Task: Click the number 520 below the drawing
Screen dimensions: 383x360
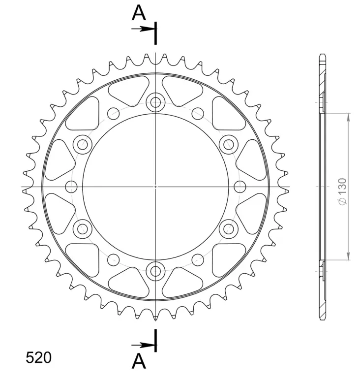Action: (38, 357)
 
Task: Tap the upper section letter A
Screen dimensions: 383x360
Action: (139, 13)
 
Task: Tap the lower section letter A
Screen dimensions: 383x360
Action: (139, 362)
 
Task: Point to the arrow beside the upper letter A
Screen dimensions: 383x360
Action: (142, 29)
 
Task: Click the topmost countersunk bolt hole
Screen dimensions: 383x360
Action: (156, 102)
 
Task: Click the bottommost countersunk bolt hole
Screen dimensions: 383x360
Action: (156, 270)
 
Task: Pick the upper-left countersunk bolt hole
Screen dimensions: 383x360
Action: (82, 145)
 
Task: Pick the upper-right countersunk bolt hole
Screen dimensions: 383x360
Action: (229, 145)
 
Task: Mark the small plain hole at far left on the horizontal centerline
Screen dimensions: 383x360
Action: (71, 187)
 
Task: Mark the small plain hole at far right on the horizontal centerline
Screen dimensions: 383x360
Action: (240, 187)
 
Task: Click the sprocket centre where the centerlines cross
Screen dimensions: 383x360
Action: (156, 187)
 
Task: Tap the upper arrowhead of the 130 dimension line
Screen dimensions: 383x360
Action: (349, 117)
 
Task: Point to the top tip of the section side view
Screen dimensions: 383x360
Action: (322, 55)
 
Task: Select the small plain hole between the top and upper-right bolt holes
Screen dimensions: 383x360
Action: (198, 111)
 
